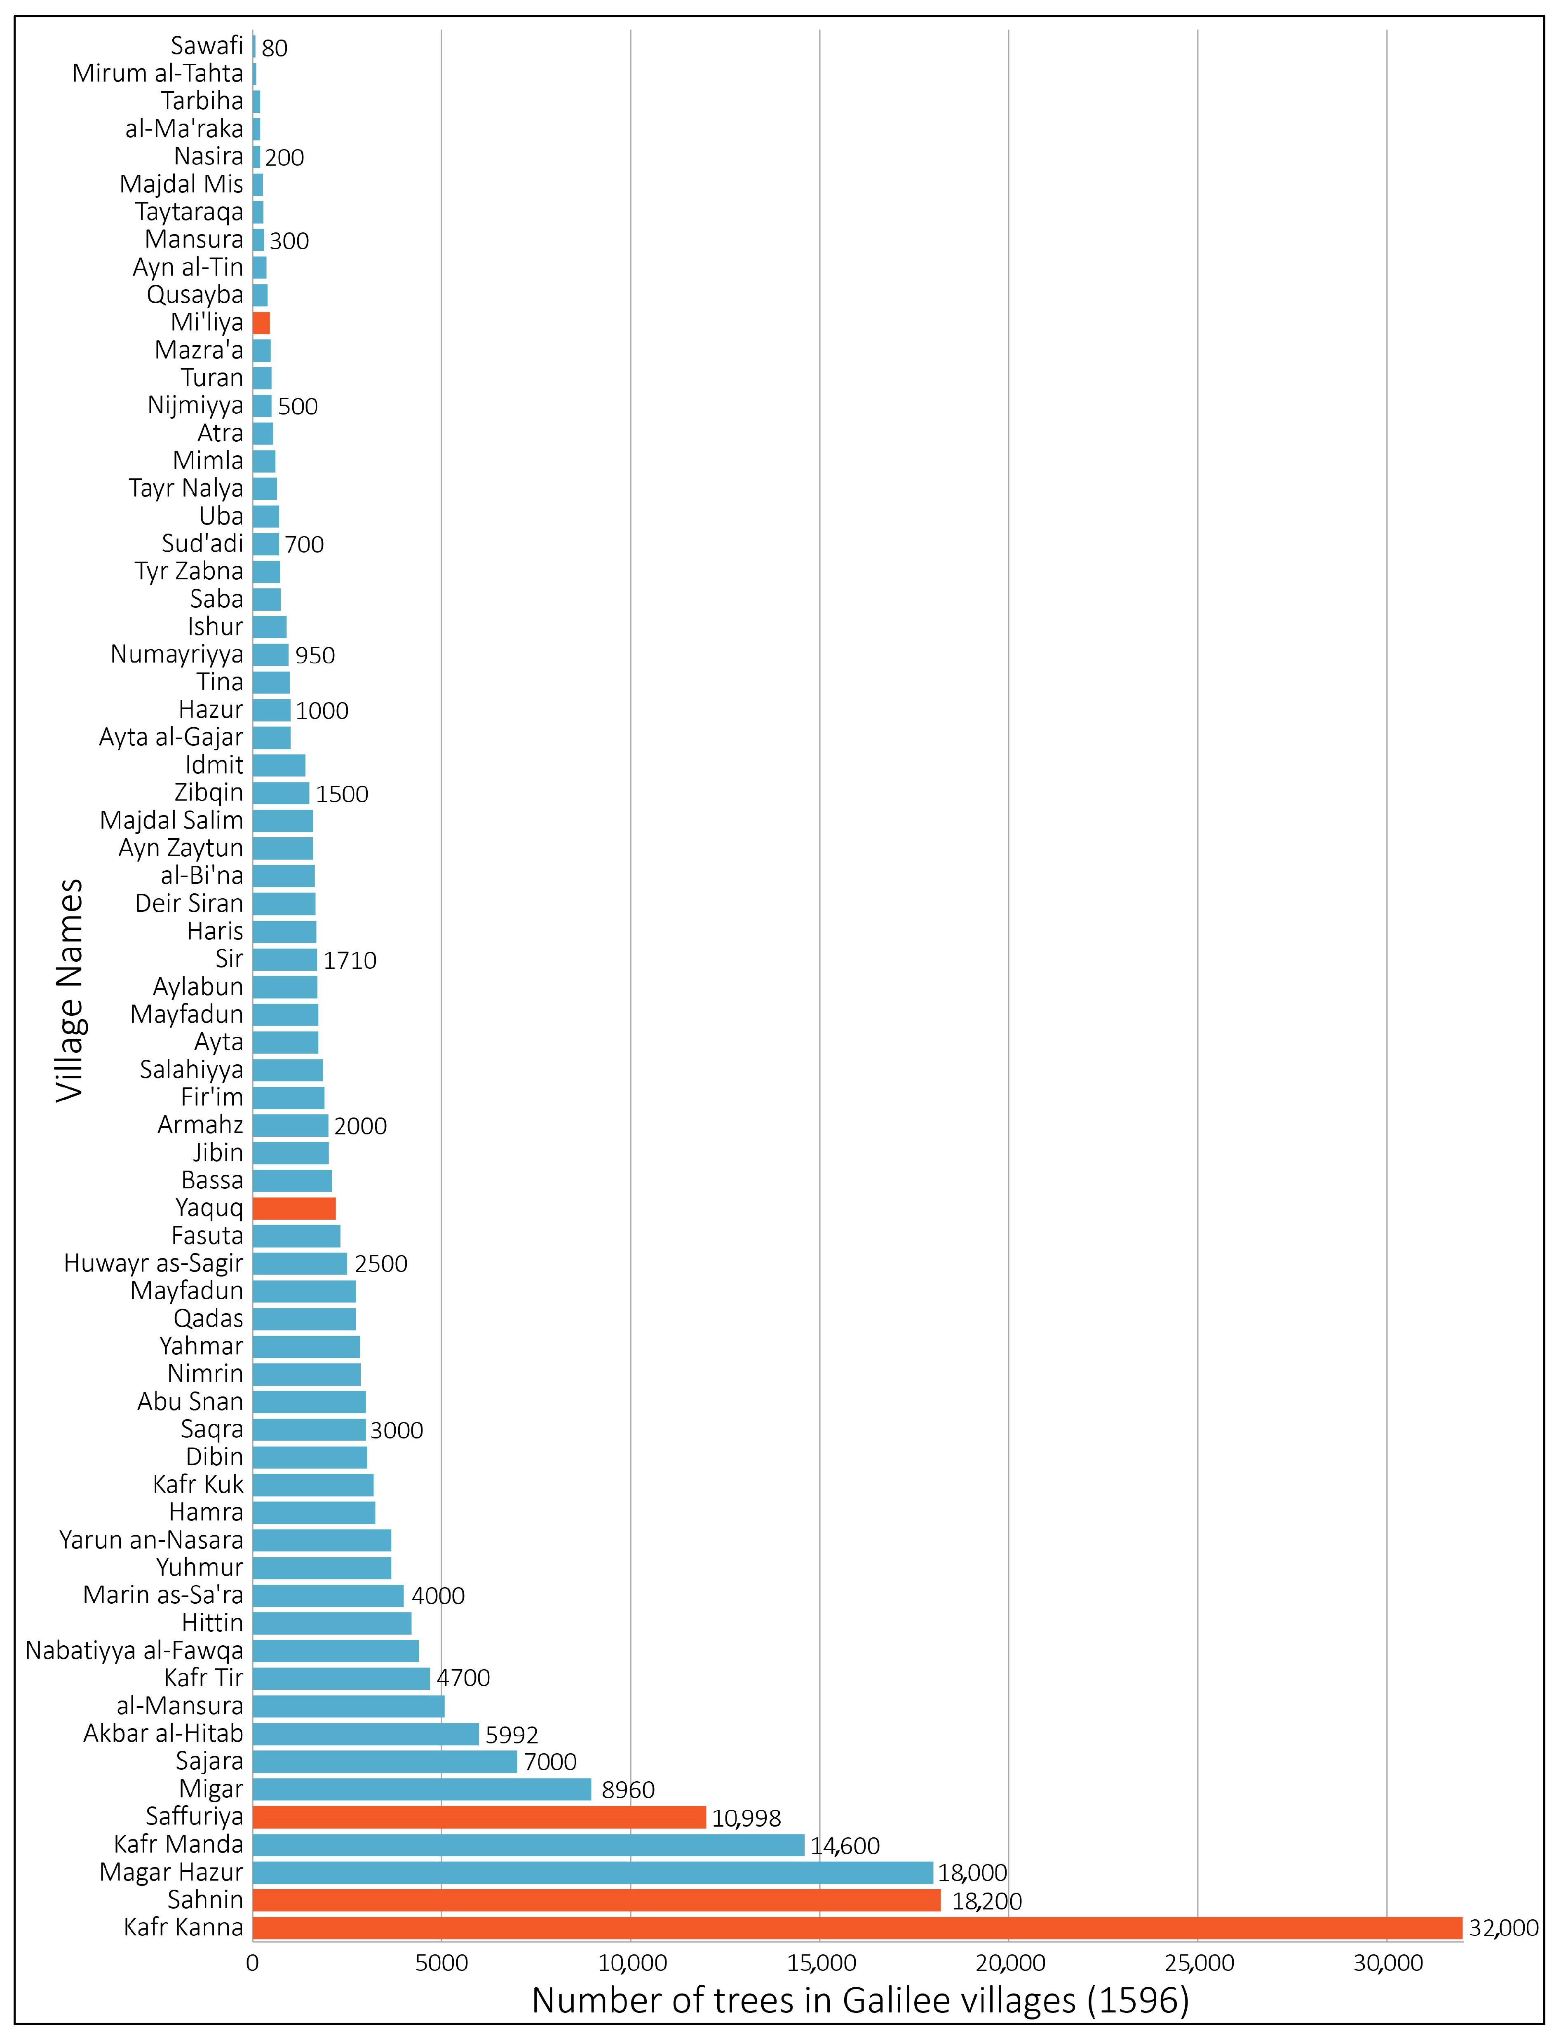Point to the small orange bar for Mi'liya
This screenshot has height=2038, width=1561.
click(261, 322)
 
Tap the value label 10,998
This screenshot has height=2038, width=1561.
click(746, 1818)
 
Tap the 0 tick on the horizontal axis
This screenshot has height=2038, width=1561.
click(253, 1963)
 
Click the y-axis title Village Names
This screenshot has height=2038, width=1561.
click(70, 990)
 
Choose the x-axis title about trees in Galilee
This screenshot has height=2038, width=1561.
click(860, 2000)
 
